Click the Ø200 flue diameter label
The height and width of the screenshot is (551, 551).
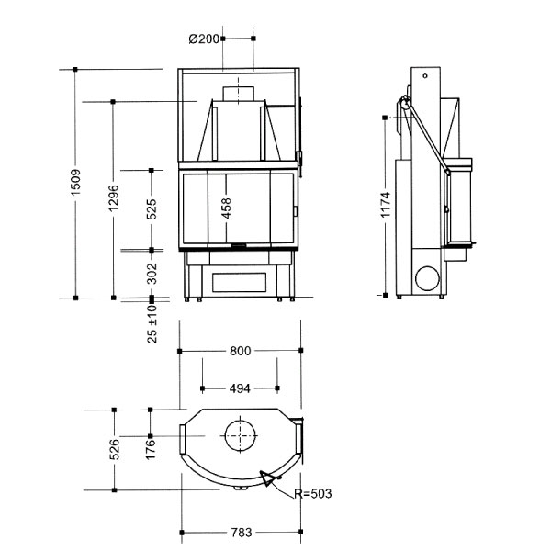pyautogui.click(x=204, y=39)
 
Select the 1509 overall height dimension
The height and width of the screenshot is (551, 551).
pyautogui.click(x=75, y=183)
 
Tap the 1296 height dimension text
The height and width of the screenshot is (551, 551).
pyautogui.click(x=114, y=197)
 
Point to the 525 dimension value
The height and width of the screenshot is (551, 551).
pyautogui.click(x=152, y=209)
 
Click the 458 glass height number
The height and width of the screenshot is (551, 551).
pyautogui.click(x=227, y=208)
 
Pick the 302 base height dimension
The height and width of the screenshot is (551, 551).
pyautogui.click(x=152, y=274)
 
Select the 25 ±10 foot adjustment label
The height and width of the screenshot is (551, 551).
pyautogui.click(x=152, y=323)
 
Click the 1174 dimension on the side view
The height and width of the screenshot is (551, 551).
pyautogui.click(x=386, y=205)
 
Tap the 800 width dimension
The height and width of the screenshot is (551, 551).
pyautogui.click(x=241, y=351)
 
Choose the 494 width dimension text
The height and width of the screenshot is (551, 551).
pyautogui.click(x=240, y=388)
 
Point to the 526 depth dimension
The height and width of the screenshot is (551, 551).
pyautogui.click(x=115, y=449)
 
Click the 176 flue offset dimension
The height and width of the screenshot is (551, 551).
pyautogui.click(x=151, y=449)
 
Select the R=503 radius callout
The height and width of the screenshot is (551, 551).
pyautogui.click(x=313, y=494)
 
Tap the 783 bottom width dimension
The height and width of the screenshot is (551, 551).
pyautogui.click(x=242, y=533)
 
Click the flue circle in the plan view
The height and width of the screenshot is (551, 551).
pyautogui.click(x=240, y=421)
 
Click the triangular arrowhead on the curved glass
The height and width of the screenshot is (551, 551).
pyautogui.click(x=266, y=478)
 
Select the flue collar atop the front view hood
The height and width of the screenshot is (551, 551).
pyautogui.click(x=238, y=94)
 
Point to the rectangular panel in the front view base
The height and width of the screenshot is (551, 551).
pyautogui.click(x=240, y=282)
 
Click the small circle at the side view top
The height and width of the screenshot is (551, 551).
pyautogui.click(x=425, y=75)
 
